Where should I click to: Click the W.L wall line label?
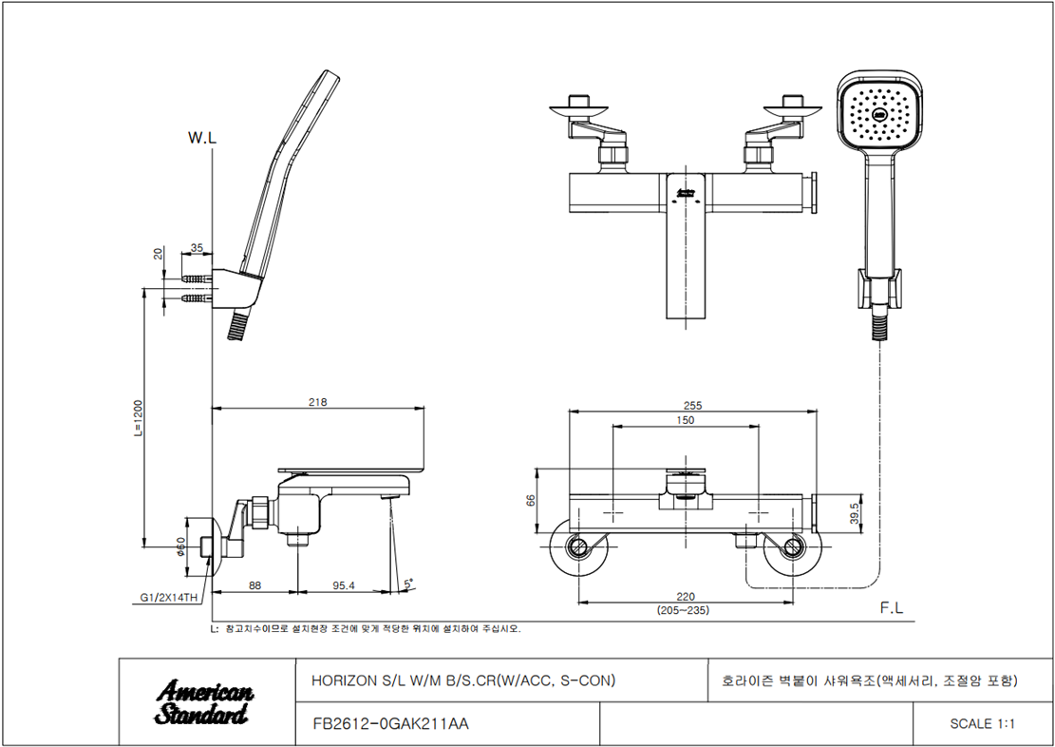(x=202, y=138)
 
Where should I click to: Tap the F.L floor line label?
(x=892, y=608)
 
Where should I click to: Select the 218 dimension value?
(x=317, y=402)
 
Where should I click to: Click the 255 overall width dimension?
(x=692, y=406)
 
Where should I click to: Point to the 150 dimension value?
(x=685, y=420)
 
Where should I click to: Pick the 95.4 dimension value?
(x=343, y=586)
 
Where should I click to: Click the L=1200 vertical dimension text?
(x=138, y=418)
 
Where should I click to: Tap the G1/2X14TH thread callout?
(x=169, y=598)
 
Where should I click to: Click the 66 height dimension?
(x=531, y=501)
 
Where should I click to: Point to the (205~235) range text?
(x=683, y=610)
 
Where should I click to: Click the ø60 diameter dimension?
(x=180, y=546)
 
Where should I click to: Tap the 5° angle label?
(x=407, y=584)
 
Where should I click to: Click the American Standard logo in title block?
(x=204, y=702)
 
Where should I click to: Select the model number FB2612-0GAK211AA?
(x=391, y=724)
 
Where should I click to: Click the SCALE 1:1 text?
(x=982, y=724)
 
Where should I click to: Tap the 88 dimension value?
(x=254, y=586)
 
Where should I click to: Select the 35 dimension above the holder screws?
(x=197, y=248)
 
